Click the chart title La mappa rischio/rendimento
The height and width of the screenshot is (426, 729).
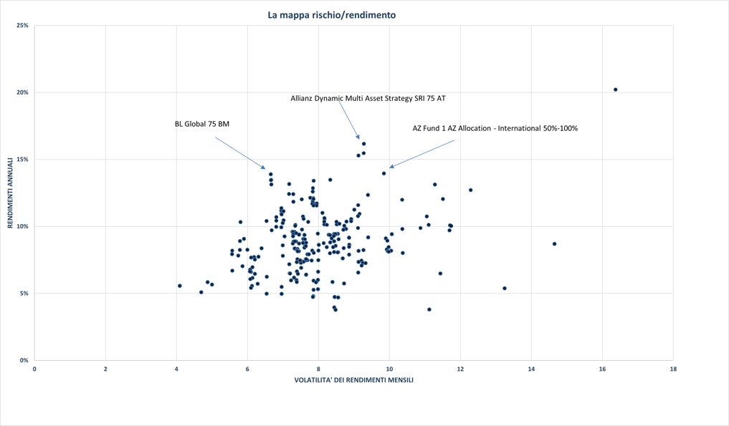(x=331, y=14)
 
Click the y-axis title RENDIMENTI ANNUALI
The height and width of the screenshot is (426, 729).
(x=11, y=193)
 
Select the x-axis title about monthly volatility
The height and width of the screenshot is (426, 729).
(x=353, y=380)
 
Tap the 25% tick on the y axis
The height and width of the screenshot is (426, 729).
(x=22, y=26)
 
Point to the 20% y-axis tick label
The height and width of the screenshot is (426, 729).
(x=22, y=92)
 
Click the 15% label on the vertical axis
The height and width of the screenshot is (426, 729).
(x=22, y=160)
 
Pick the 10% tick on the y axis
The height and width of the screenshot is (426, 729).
(x=22, y=227)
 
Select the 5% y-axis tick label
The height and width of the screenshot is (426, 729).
(x=24, y=294)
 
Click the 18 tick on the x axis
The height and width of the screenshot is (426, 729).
(x=672, y=369)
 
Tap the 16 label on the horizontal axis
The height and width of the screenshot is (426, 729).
(x=601, y=369)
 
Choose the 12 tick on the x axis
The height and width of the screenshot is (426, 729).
(x=460, y=369)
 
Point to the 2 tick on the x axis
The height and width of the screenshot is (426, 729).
(x=105, y=369)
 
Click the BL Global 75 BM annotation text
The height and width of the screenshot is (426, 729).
(x=202, y=124)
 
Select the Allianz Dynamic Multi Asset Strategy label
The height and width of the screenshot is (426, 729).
(x=368, y=98)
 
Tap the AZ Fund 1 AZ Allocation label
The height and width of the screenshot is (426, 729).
(x=495, y=128)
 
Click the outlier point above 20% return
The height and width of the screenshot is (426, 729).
(x=616, y=89)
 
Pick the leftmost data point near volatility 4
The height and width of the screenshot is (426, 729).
(x=180, y=286)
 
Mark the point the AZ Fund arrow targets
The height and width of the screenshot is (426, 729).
(x=384, y=173)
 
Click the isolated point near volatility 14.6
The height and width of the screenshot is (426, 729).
(x=554, y=244)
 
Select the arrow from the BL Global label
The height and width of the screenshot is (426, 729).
(x=240, y=153)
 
